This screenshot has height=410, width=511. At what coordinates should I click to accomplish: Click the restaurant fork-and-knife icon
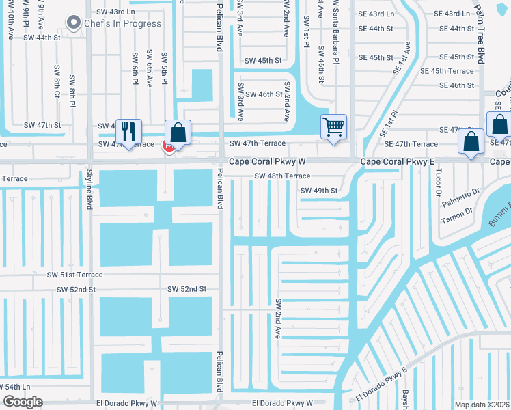tap(128, 131)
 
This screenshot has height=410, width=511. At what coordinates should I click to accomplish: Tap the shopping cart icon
tap(333, 126)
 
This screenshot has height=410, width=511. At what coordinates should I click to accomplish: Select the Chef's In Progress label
tap(123, 23)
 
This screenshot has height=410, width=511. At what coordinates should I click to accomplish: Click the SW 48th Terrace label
tap(282, 176)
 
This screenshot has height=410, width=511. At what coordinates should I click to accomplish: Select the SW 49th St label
tap(319, 190)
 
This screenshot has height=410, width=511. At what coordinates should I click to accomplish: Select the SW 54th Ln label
tap(16, 387)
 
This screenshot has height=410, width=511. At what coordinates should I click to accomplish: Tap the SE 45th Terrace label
tap(447, 71)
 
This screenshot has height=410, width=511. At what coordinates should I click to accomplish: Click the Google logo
tap(22, 402)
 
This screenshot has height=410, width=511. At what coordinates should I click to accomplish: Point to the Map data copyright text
tap(482, 405)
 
